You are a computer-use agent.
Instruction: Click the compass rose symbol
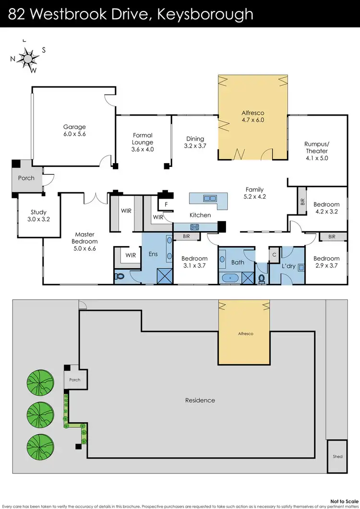pos(29,58)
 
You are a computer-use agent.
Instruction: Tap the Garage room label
pos(74,130)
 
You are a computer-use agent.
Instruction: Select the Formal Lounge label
pos(143,142)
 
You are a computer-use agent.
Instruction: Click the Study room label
pos(38,215)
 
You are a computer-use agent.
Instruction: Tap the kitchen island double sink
pos(209,198)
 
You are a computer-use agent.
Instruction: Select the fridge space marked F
pos(166,204)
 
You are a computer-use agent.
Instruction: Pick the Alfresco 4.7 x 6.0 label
pos(252,117)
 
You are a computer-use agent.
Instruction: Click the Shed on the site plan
pos(337,456)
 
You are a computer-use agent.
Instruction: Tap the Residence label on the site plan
pos(200,400)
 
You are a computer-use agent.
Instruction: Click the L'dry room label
pos(288,265)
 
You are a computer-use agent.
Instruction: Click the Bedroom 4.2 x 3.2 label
pos(327,208)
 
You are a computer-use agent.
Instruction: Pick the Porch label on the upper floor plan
pos(26,178)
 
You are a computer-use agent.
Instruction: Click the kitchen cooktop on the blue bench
pos(195,226)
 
